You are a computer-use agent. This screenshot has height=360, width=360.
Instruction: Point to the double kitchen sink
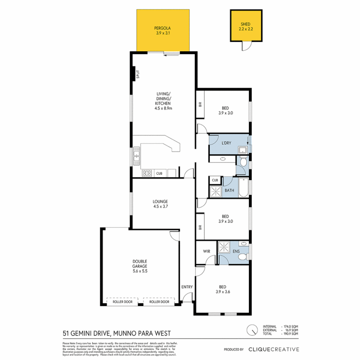point(137,156)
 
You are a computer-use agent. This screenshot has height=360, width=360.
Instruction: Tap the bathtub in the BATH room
point(244,188)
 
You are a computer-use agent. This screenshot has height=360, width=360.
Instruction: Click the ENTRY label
point(187,287)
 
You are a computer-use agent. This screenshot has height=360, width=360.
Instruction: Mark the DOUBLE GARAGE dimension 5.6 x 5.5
point(140,272)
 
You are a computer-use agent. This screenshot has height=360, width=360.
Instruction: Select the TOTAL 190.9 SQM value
point(290,333)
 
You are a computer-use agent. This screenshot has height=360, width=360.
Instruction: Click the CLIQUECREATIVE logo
point(274,349)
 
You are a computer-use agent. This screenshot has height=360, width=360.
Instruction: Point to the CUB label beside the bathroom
point(215,180)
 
